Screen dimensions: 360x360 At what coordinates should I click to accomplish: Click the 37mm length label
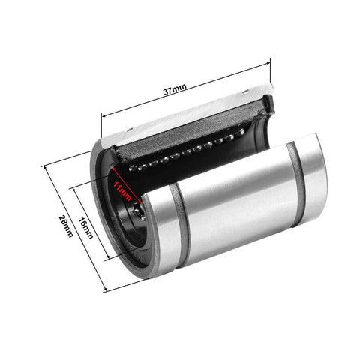[x=175, y=88]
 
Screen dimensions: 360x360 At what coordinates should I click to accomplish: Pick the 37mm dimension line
[x=187, y=92]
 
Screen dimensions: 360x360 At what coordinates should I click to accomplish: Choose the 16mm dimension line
[x=93, y=225]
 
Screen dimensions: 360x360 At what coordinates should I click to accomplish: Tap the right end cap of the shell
[x=313, y=176]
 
